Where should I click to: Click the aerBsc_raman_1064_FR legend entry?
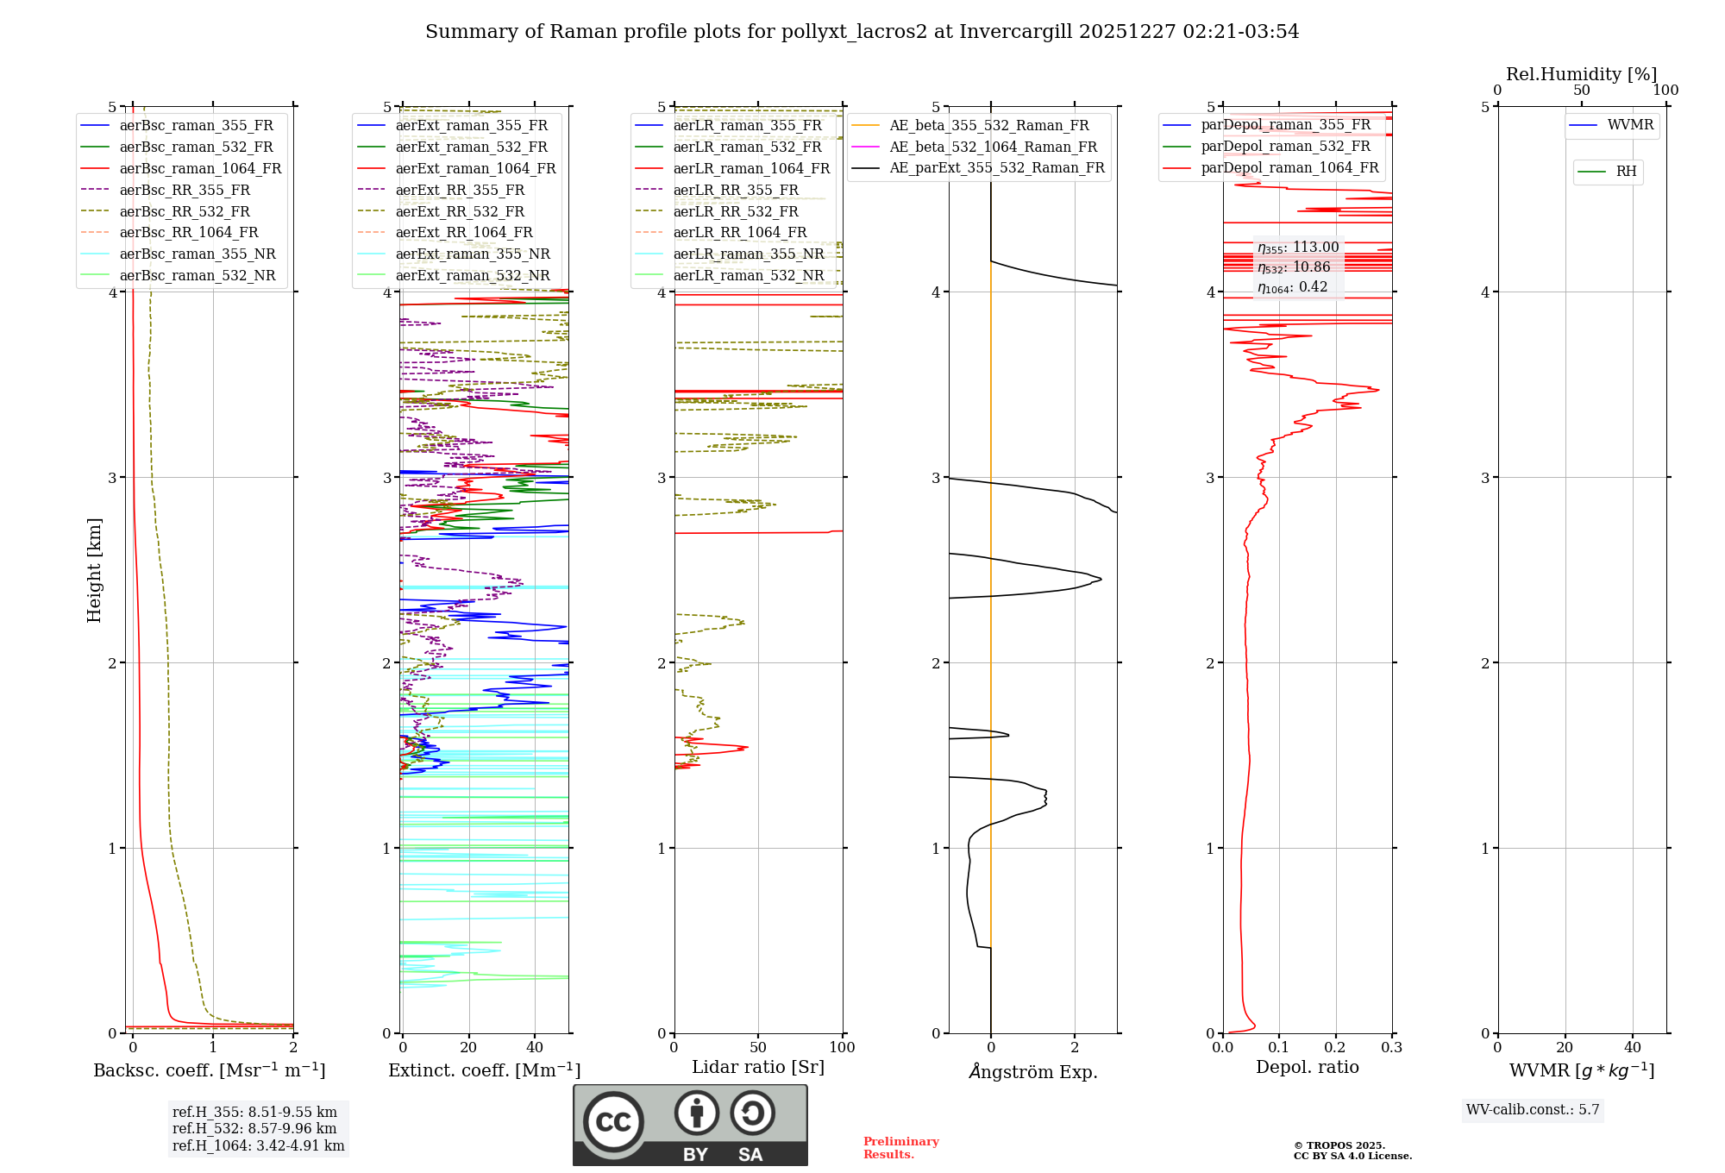(200, 168)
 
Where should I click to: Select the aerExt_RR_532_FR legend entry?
(459, 211)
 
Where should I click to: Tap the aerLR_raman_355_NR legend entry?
(748, 254)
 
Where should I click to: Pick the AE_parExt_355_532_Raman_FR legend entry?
(996, 167)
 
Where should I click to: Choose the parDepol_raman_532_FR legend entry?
(1285, 146)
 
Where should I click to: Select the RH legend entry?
(1626, 172)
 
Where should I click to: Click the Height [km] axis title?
(94, 570)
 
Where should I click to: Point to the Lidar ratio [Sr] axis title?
(758, 1067)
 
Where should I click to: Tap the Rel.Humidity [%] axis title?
(1581, 74)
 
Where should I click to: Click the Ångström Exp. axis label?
(1032, 1072)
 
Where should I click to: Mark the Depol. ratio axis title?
(1307, 1067)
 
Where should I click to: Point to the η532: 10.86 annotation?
(1294, 267)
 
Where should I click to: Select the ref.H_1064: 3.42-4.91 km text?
(258, 1145)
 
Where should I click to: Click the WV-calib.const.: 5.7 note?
(1533, 1109)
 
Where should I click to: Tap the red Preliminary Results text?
(900, 1147)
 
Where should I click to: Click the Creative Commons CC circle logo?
(613, 1121)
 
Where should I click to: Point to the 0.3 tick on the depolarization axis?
(1391, 1047)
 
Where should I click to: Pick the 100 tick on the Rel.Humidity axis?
(1665, 91)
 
